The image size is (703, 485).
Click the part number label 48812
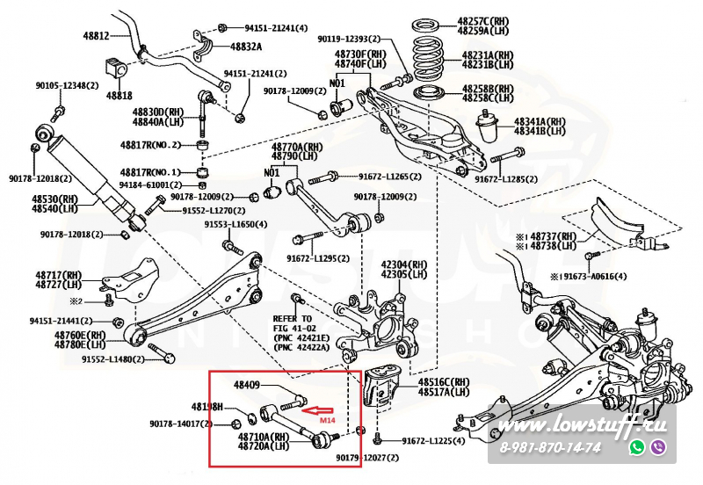97,36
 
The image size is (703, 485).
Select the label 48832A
246,46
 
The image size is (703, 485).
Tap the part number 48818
120,94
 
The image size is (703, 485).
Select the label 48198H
208,407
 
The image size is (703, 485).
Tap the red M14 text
327,421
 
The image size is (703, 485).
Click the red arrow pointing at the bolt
318,409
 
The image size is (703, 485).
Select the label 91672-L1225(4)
433,440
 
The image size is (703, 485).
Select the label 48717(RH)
59,275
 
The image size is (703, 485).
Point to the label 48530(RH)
54,200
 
